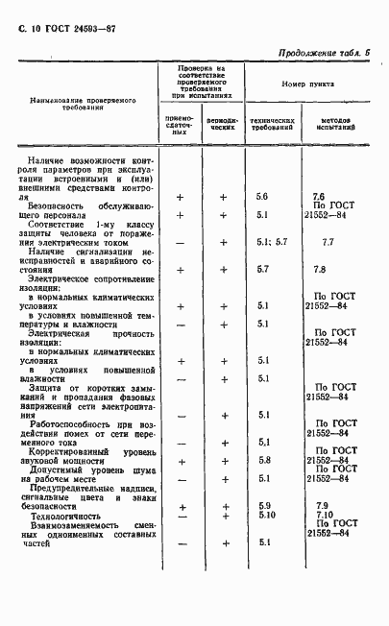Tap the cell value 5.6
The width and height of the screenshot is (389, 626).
tap(261, 196)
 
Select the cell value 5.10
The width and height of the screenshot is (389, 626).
tap(266, 516)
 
